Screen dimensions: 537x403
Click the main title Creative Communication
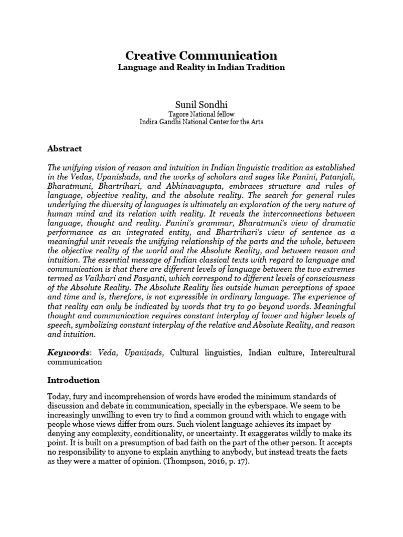201,56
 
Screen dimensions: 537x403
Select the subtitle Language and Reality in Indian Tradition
201,68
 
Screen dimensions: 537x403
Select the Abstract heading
65,148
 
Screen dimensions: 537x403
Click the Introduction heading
73,380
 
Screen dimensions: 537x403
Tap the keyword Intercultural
333,352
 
